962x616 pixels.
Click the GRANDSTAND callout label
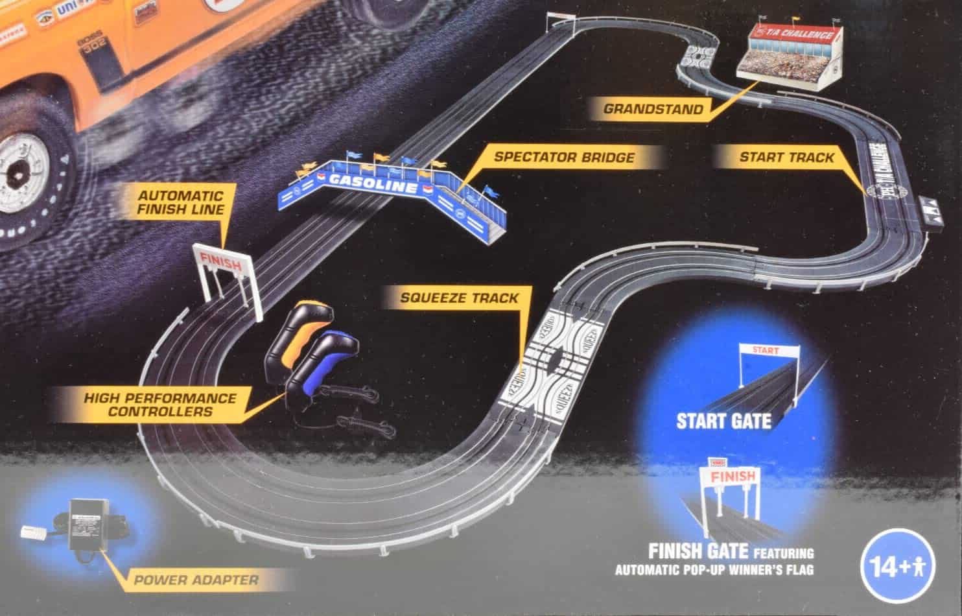tap(652, 109)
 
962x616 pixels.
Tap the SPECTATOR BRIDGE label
tap(563, 157)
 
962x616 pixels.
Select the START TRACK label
tap(787, 157)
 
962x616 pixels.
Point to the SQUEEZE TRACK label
tap(459, 298)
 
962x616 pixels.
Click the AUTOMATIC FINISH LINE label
tap(181, 202)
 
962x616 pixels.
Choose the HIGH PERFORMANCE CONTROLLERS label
tap(160, 405)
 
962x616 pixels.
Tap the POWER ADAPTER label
tap(196, 580)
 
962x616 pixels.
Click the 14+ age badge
tap(899, 568)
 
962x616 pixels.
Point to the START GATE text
tap(723, 421)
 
